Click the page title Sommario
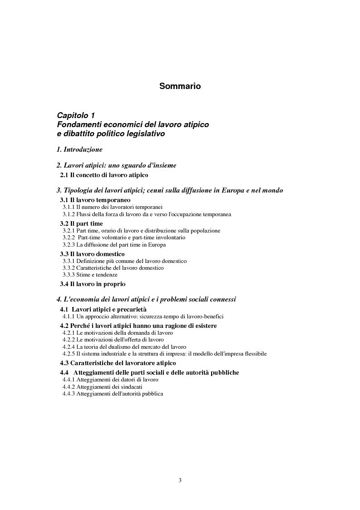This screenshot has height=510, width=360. [x=180, y=86]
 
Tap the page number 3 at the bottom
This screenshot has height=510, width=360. [x=180, y=480]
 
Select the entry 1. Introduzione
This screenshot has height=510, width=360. [x=79, y=149]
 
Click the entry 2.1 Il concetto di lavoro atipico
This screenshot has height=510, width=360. [x=104, y=175]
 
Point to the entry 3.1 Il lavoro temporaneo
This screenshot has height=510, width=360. [x=95, y=200]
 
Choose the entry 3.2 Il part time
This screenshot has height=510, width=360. [x=82, y=223]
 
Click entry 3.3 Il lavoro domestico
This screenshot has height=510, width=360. [x=93, y=254]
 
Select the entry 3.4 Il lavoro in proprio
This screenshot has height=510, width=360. [x=93, y=284]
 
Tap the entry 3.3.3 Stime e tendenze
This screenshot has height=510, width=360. [x=90, y=275]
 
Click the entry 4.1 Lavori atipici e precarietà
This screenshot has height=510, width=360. [x=100, y=310]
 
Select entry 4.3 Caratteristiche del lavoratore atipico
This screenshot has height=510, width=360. [x=118, y=363]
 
